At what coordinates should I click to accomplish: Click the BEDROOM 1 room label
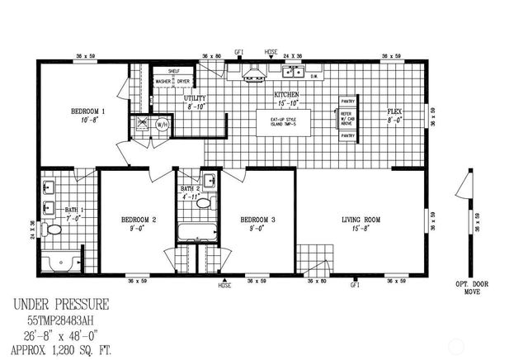click(87, 111)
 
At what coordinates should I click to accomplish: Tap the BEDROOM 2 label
click(138, 220)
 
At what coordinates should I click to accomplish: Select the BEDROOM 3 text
click(257, 220)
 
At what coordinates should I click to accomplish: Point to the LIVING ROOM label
click(361, 220)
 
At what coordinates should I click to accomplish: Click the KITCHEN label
click(287, 95)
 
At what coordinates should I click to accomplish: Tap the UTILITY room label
click(195, 98)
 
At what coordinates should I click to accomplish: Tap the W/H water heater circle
click(163, 126)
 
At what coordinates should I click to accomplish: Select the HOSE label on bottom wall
click(224, 286)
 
